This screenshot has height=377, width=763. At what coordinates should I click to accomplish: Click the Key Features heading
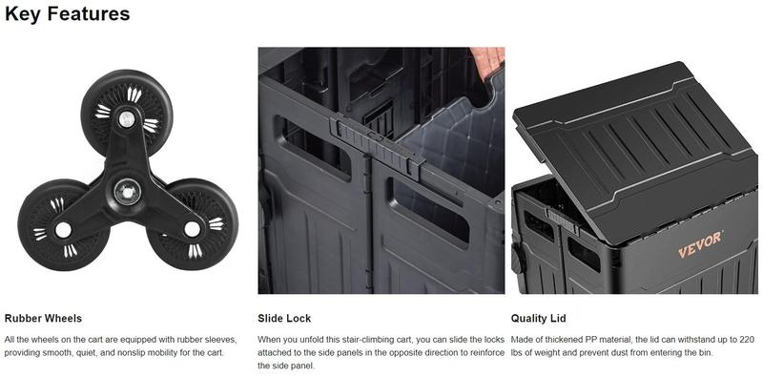[67, 14]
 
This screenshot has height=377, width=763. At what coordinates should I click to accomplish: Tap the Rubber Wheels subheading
[43, 319]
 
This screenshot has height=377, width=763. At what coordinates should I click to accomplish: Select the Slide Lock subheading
[284, 319]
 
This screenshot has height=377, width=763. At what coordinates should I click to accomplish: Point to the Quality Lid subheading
[538, 319]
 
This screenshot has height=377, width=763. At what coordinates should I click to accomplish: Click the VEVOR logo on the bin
[700, 244]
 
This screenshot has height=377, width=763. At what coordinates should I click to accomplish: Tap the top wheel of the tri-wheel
[127, 113]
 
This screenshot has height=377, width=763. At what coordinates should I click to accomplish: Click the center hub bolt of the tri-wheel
[128, 192]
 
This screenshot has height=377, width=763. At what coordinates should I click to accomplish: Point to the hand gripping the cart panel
[487, 61]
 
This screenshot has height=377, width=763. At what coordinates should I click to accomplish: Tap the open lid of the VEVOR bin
[635, 150]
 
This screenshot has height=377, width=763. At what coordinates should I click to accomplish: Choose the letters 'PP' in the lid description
[590, 340]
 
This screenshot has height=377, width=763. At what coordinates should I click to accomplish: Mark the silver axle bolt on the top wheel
[127, 119]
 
